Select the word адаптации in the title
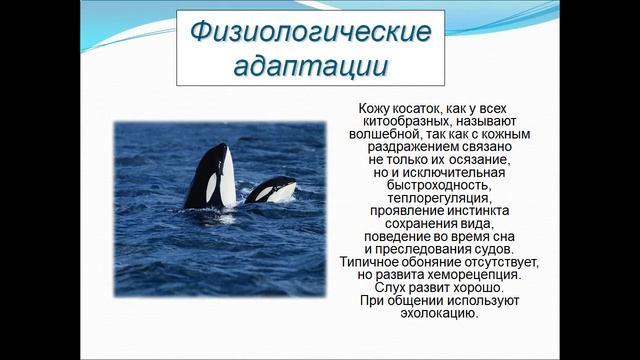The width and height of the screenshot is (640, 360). [312, 66]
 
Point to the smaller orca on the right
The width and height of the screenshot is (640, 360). [271, 189]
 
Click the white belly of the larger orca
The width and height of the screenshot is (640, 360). [227, 178]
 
